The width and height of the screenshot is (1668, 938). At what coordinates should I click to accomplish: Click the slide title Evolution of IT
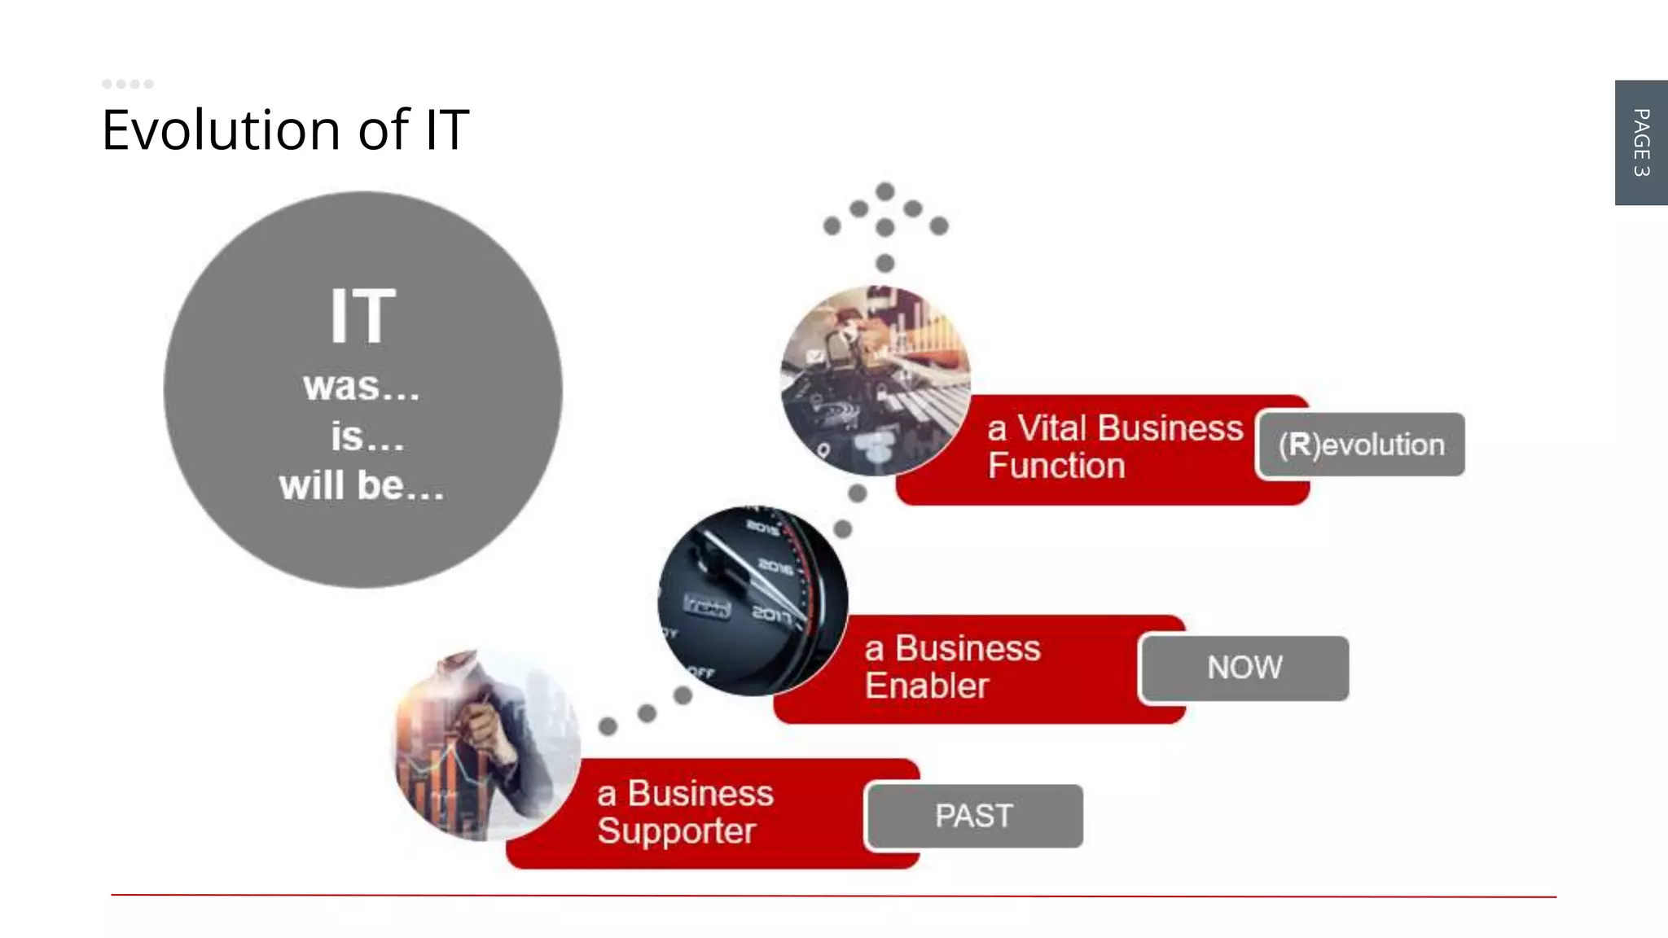tap(285, 130)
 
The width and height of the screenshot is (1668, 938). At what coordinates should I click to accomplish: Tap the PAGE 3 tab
tap(1641, 142)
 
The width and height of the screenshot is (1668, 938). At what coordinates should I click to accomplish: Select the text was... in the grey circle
tap(362, 387)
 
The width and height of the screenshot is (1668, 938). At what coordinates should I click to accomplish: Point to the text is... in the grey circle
tap(367, 437)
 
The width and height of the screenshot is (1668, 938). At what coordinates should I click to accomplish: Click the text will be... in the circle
tap(362, 486)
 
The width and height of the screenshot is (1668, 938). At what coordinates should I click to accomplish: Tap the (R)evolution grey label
tap(1361, 445)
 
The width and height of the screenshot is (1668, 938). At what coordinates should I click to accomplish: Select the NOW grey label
tap(1244, 668)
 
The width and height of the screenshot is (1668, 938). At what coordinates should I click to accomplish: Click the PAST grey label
tap(974, 816)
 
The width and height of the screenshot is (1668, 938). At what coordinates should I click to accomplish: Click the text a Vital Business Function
tap(1114, 447)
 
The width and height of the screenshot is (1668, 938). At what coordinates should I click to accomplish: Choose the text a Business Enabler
tap(952, 667)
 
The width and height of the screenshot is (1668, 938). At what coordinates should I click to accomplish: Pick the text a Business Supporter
tap(684, 812)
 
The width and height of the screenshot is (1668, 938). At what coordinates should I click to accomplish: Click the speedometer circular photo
tap(753, 601)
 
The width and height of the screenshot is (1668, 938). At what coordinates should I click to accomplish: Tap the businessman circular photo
tap(487, 745)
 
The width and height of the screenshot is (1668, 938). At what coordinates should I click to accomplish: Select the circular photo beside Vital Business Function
tap(876, 380)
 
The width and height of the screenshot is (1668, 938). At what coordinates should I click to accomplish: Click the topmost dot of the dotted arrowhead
tap(885, 191)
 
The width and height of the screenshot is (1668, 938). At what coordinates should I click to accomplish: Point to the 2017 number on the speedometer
tap(770, 612)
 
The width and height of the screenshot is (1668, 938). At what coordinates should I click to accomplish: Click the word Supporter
tap(676, 831)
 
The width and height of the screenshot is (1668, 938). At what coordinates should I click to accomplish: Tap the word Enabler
tap(927, 686)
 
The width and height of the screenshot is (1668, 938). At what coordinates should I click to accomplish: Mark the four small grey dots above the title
tap(128, 84)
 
